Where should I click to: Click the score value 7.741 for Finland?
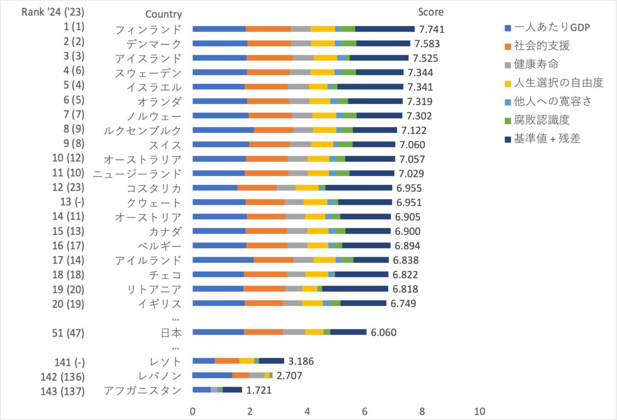click(431, 29)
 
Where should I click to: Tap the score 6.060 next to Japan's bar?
click(383, 332)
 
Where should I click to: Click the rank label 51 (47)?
click(70, 333)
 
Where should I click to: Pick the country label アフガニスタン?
click(142, 391)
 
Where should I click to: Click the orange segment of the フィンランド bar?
click(268, 29)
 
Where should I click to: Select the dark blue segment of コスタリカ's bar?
click(358, 188)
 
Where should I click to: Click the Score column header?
click(430, 12)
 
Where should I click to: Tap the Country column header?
click(164, 14)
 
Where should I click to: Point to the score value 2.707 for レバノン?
click(289, 376)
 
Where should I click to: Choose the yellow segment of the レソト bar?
click(246, 361)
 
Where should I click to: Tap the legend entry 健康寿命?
click(537, 64)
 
